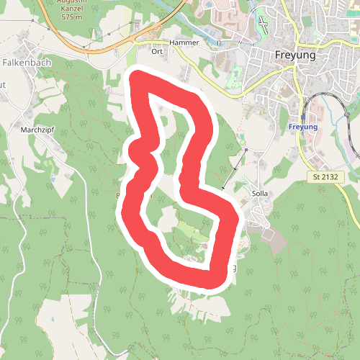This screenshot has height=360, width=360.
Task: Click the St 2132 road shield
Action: point(325,176)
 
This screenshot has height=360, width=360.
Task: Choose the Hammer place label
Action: point(184,42)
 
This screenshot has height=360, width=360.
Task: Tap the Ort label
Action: point(158,51)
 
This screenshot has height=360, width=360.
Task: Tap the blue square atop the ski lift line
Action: point(247,148)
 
